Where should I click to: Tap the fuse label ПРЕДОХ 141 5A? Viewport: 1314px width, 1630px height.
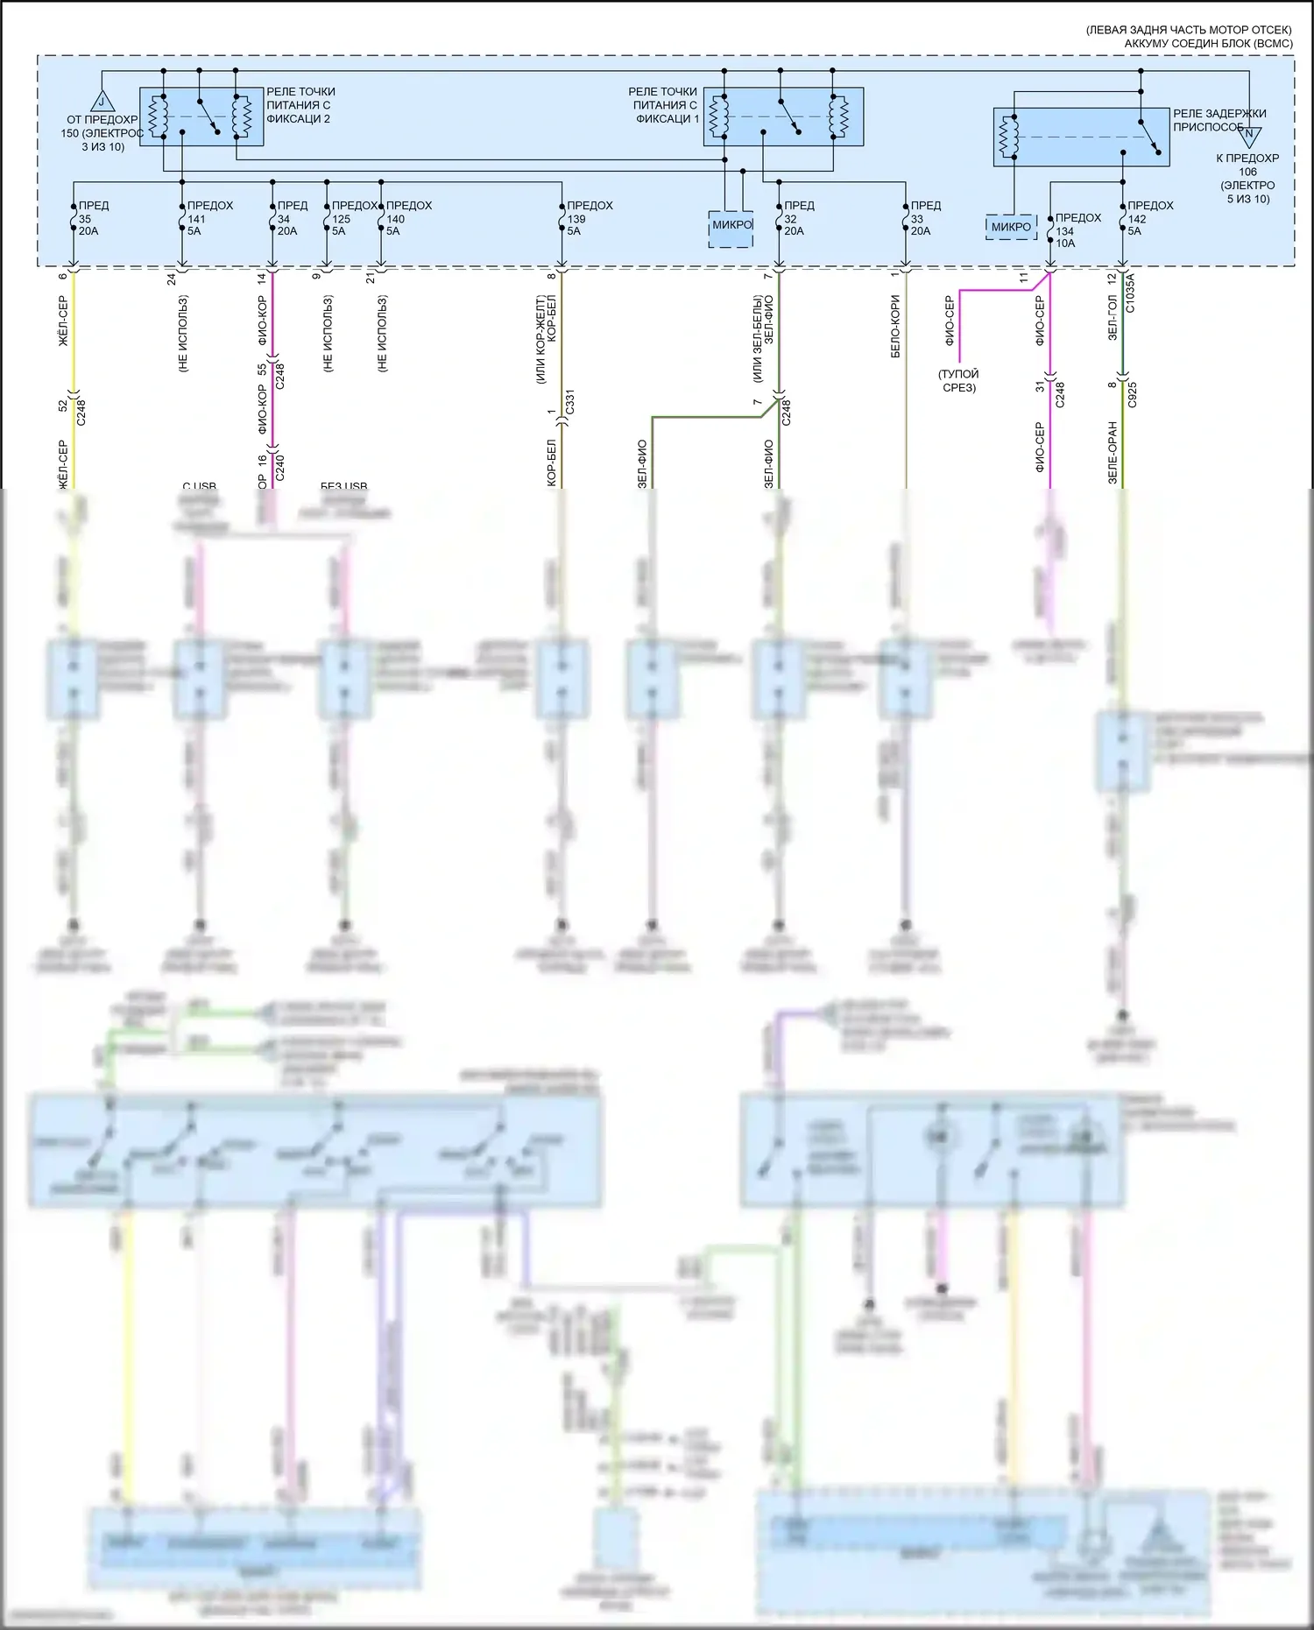tap(209, 218)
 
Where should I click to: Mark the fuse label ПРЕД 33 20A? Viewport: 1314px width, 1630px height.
tap(925, 218)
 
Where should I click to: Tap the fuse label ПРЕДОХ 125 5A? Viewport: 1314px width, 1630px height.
tap(353, 218)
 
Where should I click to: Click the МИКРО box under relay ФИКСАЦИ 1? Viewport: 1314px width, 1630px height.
tap(731, 226)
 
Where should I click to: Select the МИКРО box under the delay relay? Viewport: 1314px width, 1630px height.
tap(1012, 227)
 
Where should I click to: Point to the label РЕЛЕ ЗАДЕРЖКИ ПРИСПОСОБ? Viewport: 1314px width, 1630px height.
tap(1219, 120)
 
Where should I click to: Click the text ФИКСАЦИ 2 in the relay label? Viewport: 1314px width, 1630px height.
tap(298, 119)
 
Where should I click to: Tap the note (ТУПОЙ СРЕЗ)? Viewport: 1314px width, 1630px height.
tap(958, 380)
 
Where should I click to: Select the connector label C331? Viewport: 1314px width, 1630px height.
tap(570, 402)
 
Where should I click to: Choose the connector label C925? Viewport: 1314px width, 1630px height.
tap(1133, 394)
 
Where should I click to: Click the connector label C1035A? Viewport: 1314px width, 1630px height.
tap(1130, 294)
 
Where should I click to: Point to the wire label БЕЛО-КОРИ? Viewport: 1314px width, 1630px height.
tap(895, 326)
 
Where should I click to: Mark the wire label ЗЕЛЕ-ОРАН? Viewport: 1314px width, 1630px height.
tap(1113, 453)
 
